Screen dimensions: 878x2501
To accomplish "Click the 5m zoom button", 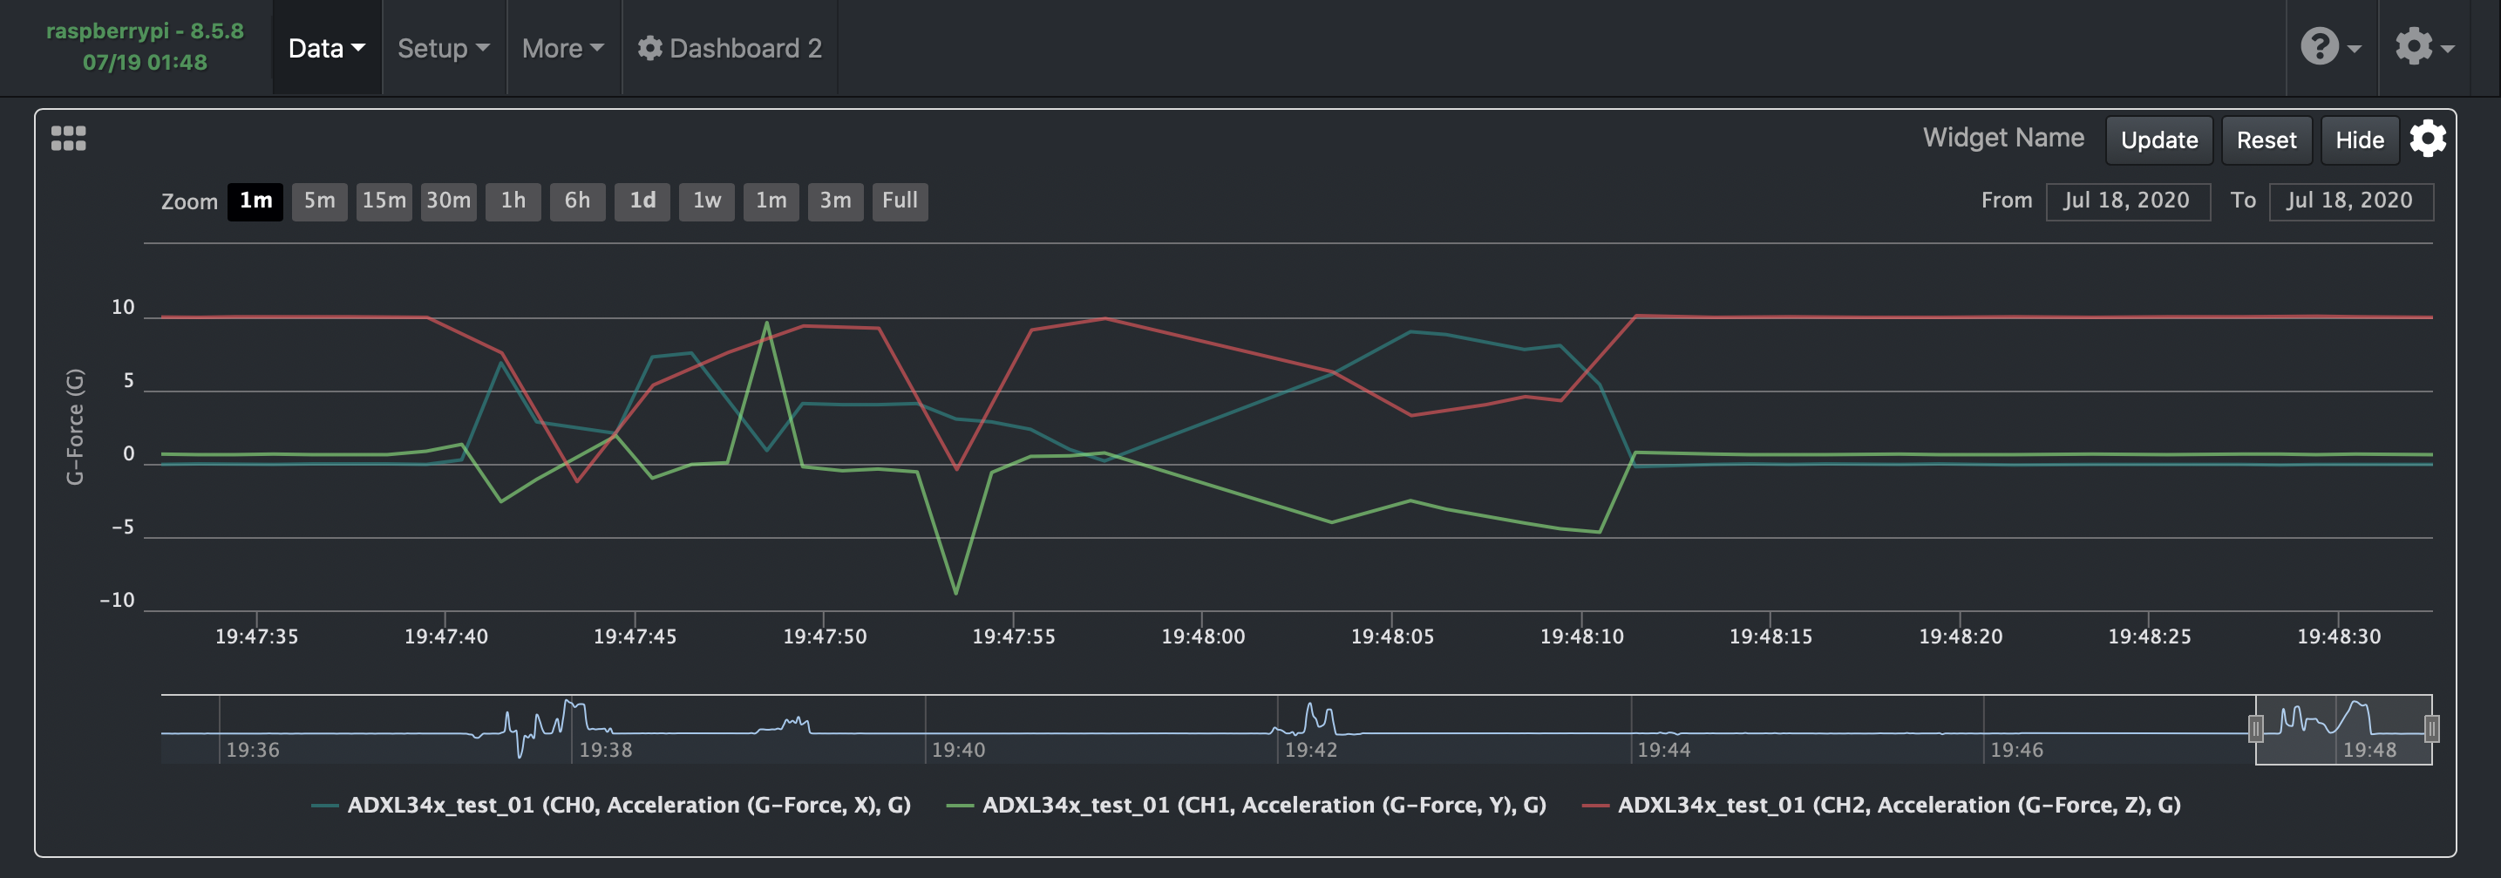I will [x=319, y=201].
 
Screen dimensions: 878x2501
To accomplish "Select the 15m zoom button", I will [x=384, y=201].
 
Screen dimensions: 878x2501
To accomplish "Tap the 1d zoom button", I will [x=642, y=201].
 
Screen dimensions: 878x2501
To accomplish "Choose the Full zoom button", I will [x=899, y=201].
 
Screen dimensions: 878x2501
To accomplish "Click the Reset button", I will [x=2266, y=140].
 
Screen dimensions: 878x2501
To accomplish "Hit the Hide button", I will [x=2359, y=140].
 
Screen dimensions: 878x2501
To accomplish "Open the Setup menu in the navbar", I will [x=443, y=48].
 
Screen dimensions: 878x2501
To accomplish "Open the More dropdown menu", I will [x=562, y=48].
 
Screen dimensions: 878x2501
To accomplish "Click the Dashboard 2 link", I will [x=731, y=48].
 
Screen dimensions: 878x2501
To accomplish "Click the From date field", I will [x=2127, y=201].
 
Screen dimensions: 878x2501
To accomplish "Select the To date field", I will [x=2349, y=201].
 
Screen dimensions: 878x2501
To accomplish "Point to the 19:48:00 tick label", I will [x=1202, y=636].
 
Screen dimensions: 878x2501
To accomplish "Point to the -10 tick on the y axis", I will [x=118, y=600].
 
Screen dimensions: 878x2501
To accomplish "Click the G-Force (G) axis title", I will [x=75, y=426].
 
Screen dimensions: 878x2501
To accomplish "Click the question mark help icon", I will [x=2320, y=46].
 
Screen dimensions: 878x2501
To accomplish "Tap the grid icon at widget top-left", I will [x=68, y=139].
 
